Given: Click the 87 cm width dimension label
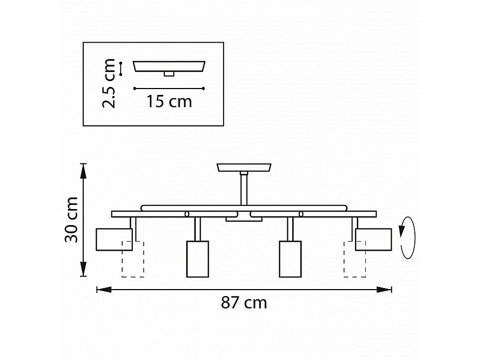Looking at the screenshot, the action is pos(244,302).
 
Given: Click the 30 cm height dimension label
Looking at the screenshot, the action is pos(71,220).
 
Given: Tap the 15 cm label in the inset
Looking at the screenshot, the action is pos(169,101).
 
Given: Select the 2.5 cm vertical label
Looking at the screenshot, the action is pos(109,83).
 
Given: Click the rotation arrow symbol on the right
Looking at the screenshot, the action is pos(407,238).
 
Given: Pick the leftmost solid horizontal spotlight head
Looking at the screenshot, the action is pos(114,239).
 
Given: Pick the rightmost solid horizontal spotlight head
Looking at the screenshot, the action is pos(373,239).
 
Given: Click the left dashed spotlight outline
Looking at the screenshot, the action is pos(133,259).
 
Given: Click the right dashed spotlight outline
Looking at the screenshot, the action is pos(355,259).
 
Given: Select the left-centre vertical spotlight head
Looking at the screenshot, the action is pos(198,259).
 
